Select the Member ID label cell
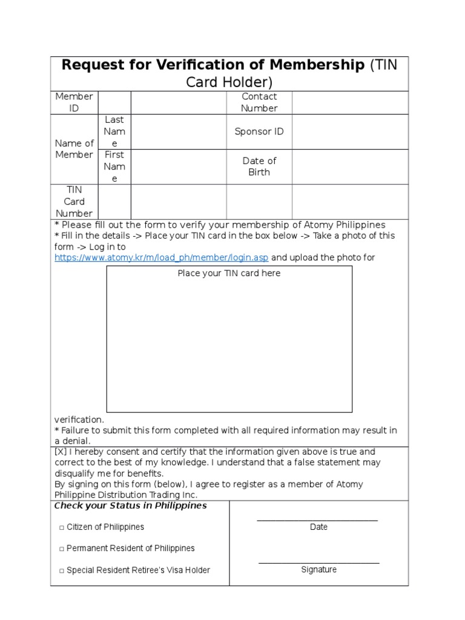click(74, 102)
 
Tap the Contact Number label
click(259, 102)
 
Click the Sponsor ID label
click(259, 131)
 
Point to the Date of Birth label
click(259, 167)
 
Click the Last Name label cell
click(114, 131)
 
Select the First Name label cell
click(114, 167)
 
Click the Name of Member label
click(74, 149)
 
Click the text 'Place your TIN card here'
click(229, 273)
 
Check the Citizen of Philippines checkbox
click(62, 527)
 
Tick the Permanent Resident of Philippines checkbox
click(62, 549)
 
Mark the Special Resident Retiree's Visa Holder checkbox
click(62, 570)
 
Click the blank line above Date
click(317, 519)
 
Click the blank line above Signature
click(318, 562)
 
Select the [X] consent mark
click(61, 452)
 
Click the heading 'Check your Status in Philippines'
click(131, 506)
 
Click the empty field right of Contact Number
click(350, 102)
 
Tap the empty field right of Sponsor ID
click(350, 131)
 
